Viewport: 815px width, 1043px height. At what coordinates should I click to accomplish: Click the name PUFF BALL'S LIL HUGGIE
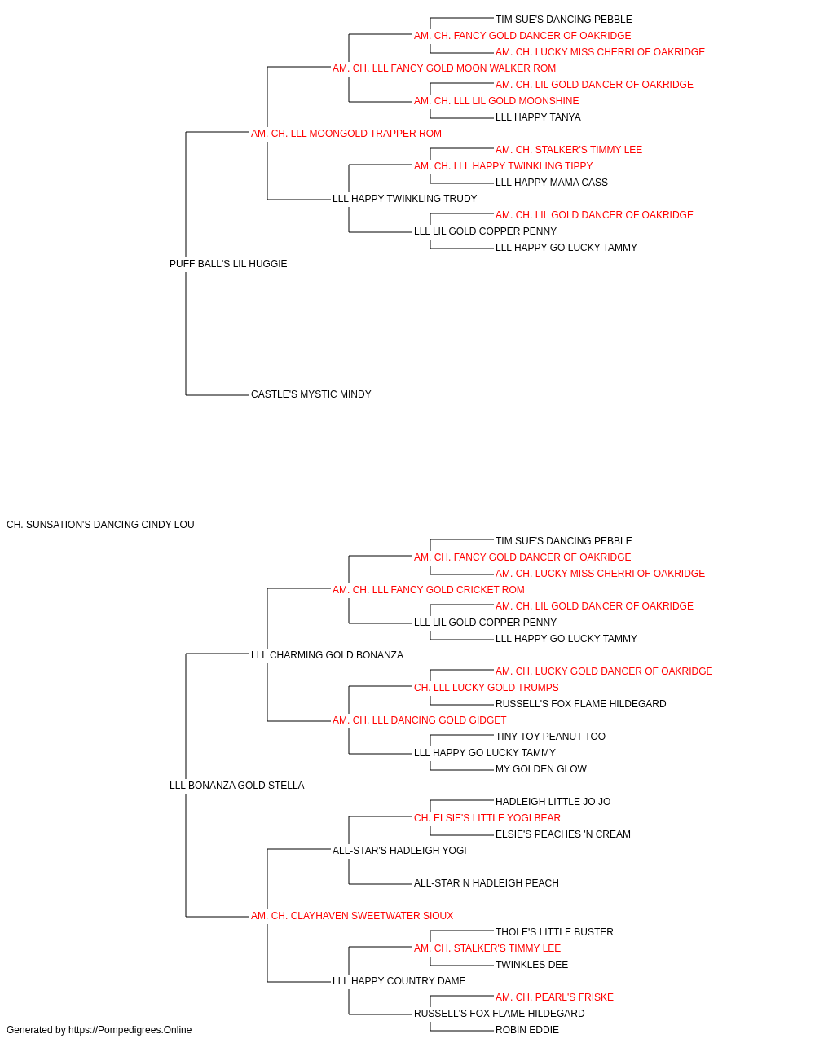pyautogui.click(x=228, y=264)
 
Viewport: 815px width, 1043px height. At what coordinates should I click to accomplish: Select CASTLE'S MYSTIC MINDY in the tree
pyautogui.click(x=311, y=394)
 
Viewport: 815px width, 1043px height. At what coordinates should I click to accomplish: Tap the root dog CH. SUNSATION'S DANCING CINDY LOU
pyautogui.click(x=100, y=525)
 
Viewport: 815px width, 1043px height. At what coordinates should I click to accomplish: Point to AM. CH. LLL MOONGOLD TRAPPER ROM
pyautogui.click(x=346, y=134)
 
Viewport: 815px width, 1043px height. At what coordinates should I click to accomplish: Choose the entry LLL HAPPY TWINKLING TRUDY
pyautogui.click(x=404, y=199)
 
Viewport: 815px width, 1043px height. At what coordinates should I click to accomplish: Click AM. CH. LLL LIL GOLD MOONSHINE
pyautogui.click(x=496, y=101)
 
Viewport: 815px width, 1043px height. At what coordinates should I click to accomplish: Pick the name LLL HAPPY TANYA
pyautogui.click(x=538, y=117)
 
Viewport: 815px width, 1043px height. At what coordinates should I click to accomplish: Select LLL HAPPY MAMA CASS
pyautogui.click(x=552, y=183)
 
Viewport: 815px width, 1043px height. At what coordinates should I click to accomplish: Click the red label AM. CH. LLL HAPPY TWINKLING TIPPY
pyautogui.click(x=503, y=166)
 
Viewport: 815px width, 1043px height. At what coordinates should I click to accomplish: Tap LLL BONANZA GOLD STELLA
pyautogui.click(x=236, y=786)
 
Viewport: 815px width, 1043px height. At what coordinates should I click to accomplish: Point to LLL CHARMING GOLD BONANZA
pyautogui.click(x=327, y=655)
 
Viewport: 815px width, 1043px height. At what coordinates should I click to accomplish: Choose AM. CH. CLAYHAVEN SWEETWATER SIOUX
pyautogui.click(x=352, y=916)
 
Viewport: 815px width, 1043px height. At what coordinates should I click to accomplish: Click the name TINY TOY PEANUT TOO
pyautogui.click(x=550, y=737)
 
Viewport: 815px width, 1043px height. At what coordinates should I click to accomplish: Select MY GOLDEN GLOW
pyautogui.click(x=541, y=769)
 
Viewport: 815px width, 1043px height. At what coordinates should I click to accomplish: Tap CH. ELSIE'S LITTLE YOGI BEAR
pyautogui.click(x=487, y=818)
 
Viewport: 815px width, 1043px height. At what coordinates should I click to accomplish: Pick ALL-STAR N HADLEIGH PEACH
pyautogui.click(x=487, y=883)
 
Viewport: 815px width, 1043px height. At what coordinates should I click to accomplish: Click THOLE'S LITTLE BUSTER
pyautogui.click(x=554, y=932)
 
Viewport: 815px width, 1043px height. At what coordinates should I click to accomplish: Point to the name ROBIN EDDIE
pyautogui.click(x=527, y=1030)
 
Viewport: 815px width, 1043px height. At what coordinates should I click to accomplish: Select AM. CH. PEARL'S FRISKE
pyautogui.click(x=554, y=997)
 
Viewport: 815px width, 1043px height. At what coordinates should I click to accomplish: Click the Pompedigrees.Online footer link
pyautogui.click(x=130, y=1030)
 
